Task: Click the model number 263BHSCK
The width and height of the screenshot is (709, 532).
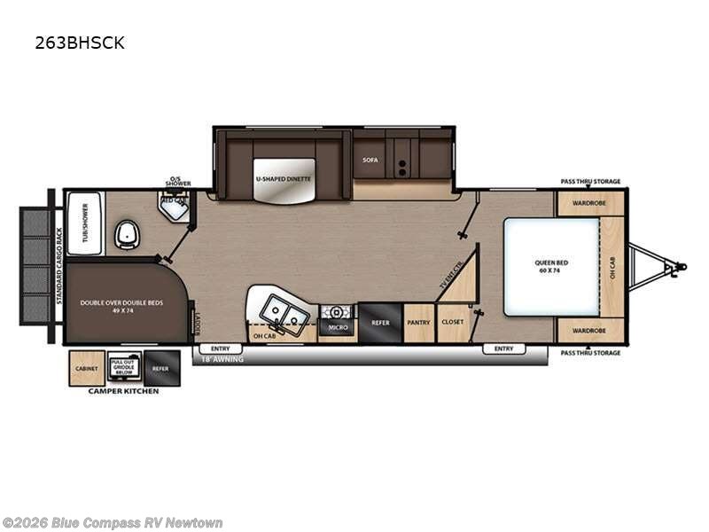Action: [x=80, y=43]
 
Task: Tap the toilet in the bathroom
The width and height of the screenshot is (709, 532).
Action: [x=127, y=236]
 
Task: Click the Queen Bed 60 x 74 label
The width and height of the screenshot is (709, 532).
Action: [x=551, y=266]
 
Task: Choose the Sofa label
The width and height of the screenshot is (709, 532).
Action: [x=370, y=160]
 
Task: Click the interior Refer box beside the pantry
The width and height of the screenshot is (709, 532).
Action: [x=380, y=323]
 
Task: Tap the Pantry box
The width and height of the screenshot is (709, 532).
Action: [x=418, y=324]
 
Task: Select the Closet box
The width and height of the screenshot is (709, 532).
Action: [x=451, y=324]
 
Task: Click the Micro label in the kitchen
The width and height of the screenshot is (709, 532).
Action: [x=337, y=328]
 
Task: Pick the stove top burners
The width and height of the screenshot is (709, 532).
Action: [x=337, y=312]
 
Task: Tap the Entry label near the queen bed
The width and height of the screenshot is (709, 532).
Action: [x=503, y=348]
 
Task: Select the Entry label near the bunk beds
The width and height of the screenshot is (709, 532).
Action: [x=221, y=348]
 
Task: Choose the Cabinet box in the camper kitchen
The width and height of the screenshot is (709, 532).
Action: [x=87, y=368]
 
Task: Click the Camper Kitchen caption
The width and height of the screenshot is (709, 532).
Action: [x=123, y=391]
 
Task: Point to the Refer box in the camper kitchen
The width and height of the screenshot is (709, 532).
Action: [x=160, y=368]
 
